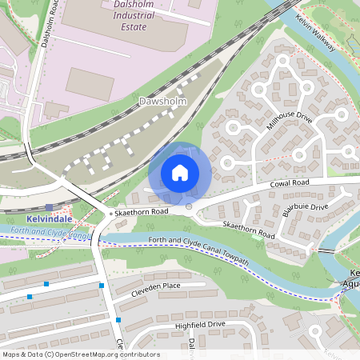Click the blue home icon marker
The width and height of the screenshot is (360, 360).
click(x=180, y=173)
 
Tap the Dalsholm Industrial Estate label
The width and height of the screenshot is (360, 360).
click(x=120, y=17)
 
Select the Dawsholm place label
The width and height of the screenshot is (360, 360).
click(x=162, y=102)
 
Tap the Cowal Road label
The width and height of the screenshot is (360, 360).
click(x=290, y=183)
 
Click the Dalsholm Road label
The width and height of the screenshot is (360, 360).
click(x=50, y=24)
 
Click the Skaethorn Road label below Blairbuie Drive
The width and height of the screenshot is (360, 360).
click(x=248, y=231)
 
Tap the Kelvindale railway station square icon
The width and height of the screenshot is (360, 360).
click(x=48, y=207)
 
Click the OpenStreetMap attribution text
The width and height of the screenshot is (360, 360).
click(x=81, y=354)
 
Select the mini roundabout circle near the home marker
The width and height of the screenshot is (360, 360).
click(x=189, y=207)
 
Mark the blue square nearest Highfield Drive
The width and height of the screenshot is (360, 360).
click(x=118, y=320)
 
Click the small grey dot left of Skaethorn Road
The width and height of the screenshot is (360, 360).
click(x=111, y=214)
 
